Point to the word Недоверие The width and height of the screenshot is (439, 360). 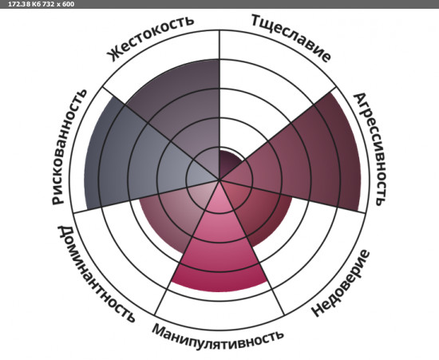pyautogui.click(x=341, y=283)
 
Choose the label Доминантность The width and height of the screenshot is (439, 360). pyautogui.click(x=96, y=274)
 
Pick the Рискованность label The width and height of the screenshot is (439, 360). pyautogui.click(x=69, y=147)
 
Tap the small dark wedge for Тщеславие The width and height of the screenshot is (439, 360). pyautogui.click(x=229, y=162)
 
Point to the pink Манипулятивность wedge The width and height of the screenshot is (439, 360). pyautogui.click(x=219, y=247)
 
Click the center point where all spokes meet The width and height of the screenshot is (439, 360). pyautogui.click(x=219, y=179)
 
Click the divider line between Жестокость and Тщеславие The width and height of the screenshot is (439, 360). pyautogui.click(x=219, y=105)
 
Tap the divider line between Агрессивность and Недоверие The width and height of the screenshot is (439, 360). pyautogui.click(x=293, y=196)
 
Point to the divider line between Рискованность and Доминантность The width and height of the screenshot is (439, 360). pyautogui.click(x=146, y=196)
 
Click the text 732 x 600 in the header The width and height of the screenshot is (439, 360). pyautogui.click(x=58, y=4)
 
